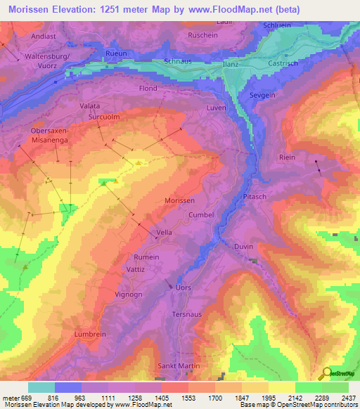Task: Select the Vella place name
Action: tap(164, 233)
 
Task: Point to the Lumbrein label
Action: tap(90, 335)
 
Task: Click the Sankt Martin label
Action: tap(178, 365)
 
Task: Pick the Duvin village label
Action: tap(243, 247)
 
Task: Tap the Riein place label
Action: tap(287, 157)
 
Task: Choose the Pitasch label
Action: tap(255, 197)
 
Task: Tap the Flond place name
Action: tap(148, 89)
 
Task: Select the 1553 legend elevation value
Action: tap(187, 398)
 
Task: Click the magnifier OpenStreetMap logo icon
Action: tap(325, 374)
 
